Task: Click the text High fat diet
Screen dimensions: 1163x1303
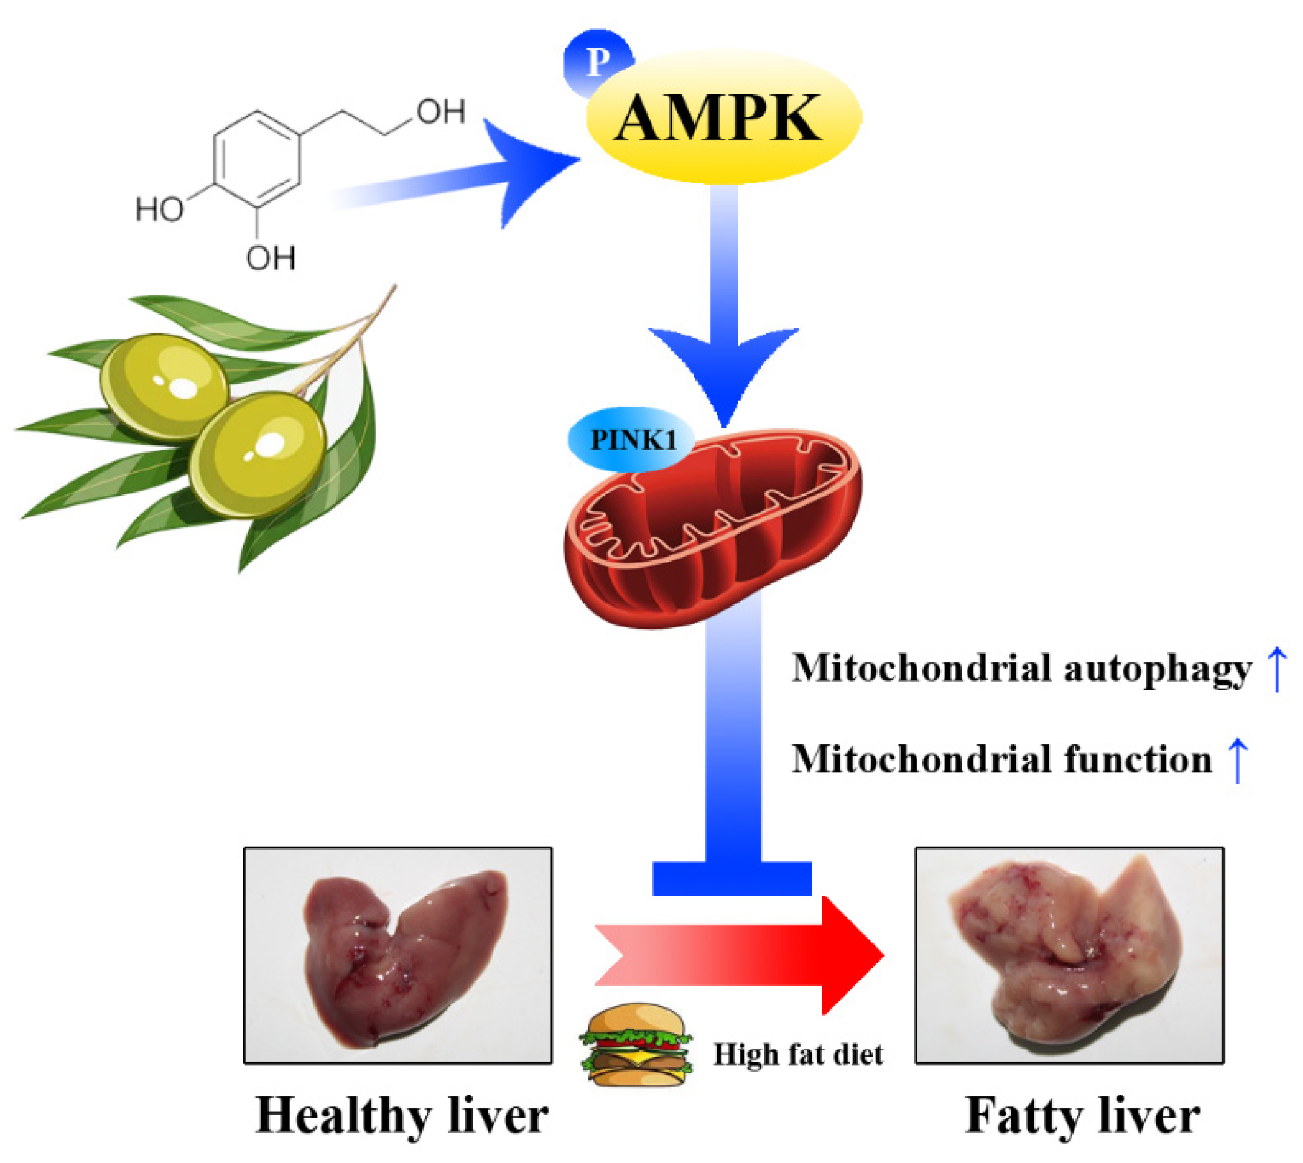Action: click(798, 1054)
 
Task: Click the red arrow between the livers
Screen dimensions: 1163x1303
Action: click(741, 955)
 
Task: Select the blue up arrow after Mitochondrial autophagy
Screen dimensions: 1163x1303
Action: click(1277, 669)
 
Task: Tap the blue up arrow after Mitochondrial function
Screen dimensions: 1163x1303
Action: click(1238, 760)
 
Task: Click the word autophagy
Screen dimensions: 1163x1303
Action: click(1157, 670)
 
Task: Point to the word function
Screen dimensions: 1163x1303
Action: click(1138, 760)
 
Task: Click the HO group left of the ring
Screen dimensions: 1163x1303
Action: click(160, 209)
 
